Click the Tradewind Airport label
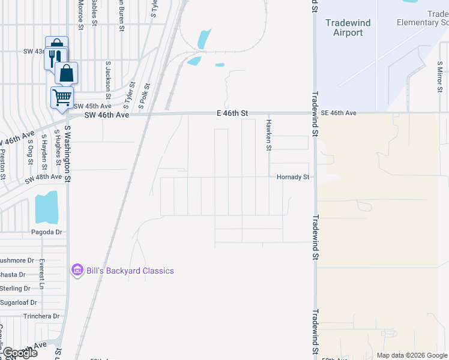pyautogui.click(x=348, y=28)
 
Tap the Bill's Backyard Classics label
pyautogui.click(x=130, y=271)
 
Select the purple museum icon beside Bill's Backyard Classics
pyautogui.click(x=77, y=271)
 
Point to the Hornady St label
pyautogui.click(x=292, y=177)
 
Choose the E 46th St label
pyautogui.click(x=232, y=113)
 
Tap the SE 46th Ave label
pyautogui.click(x=339, y=113)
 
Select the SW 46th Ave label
pyautogui.click(x=107, y=115)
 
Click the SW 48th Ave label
pyautogui.click(x=43, y=178)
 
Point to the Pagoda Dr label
pyautogui.click(x=47, y=232)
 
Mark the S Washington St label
pyautogui.click(x=68, y=154)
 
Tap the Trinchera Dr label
pyautogui.click(x=41, y=316)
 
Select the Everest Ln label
pyautogui.click(x=41, y=273)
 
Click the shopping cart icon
pyautogui.click(x=62, y=97)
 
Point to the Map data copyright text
pyautogui.click(x=411, y=355)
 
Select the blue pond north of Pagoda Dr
pyautogui.click(x=46, y=208)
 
